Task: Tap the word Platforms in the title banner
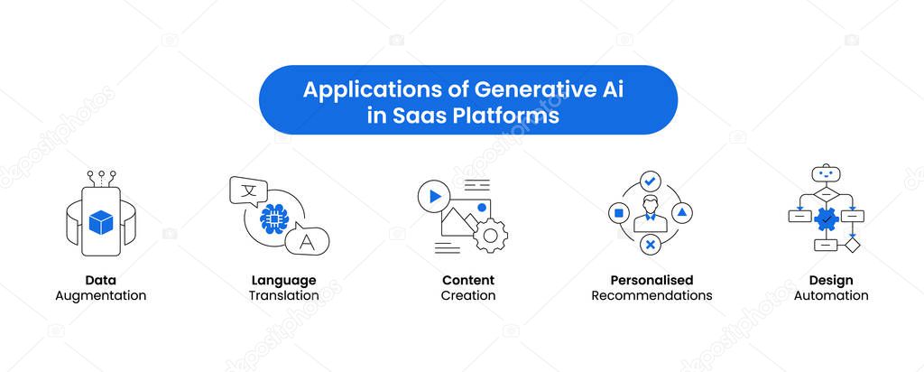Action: point(505,116)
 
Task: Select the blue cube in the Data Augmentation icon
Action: point(101,222)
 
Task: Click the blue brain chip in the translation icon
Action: point(273,219)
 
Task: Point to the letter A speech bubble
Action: point(307,240)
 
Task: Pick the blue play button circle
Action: point(434,196)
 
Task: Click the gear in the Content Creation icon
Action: point(490,236)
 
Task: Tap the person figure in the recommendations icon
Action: point(650,214)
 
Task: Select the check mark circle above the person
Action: point(650,181)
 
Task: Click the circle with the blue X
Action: point(650,245)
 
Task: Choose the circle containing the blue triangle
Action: point(682,213)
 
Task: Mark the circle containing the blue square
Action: point(618,213)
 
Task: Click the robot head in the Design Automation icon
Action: point(827,174)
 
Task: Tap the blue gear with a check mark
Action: point(827,219)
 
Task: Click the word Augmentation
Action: point(101,295)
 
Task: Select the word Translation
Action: point(283,295)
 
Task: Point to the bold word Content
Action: point(468,280)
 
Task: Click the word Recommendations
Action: point(651,295)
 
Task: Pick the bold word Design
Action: point(831,281)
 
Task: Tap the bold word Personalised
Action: point(651,280)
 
